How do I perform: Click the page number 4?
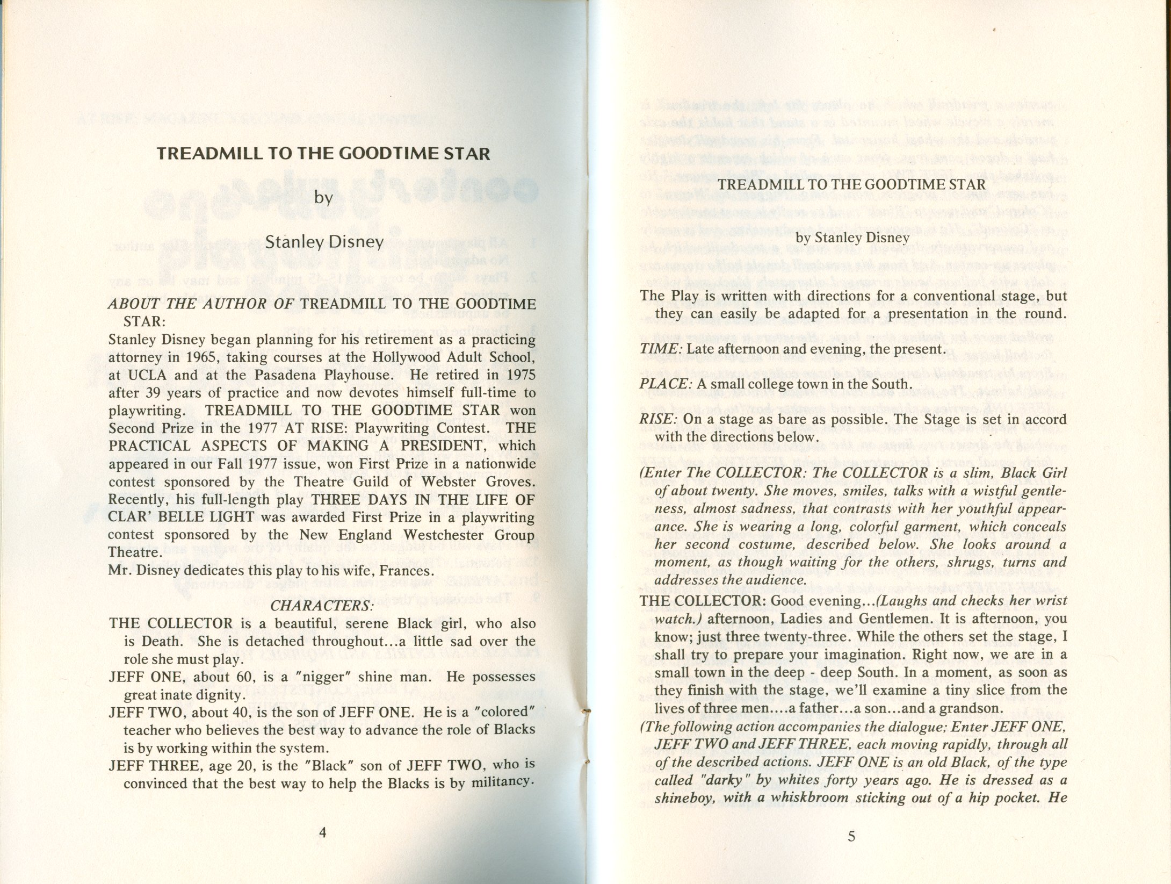pyautogui.click(x=322, y=832)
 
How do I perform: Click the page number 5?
pyautogui.click(x=851, y=836)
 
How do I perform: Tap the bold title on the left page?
pyautogui.click(x=323, y=154)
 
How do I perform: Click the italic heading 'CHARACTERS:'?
pyautogui.click(x=322, y=606)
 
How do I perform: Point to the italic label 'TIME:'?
pyautogui.click(x=661, y=349)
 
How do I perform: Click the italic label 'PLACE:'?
pyautogui.click(x=664, y=384)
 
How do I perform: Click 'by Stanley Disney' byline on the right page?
pyautogui.click(x=852, y=238)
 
